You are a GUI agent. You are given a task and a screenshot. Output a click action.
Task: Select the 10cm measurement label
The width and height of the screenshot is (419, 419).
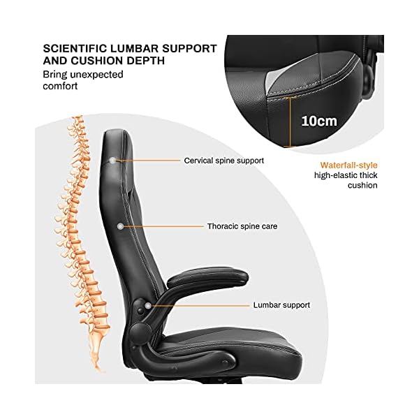coord(318,120)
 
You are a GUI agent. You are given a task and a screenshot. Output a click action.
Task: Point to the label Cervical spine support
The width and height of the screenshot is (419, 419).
coord(223,161)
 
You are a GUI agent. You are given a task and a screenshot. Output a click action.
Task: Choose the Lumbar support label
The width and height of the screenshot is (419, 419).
coord(281,305)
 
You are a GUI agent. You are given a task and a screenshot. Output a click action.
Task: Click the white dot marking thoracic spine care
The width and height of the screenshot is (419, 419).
coord(122,226)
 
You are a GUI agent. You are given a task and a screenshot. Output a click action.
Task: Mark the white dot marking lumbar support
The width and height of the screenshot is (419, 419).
coord(147,304)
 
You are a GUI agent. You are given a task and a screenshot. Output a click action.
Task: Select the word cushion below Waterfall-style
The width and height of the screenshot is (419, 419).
coord(362,185)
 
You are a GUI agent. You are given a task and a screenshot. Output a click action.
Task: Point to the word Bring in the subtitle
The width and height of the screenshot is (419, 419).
coord(55,74)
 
